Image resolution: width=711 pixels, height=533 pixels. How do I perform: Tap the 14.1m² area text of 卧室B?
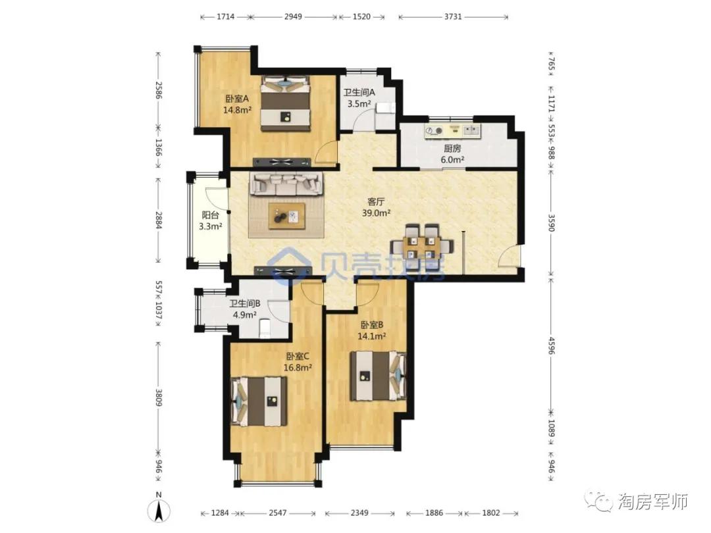pos(372,336)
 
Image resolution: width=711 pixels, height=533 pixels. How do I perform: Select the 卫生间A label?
pos(359,93)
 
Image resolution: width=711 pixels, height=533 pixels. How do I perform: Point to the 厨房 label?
pos(452,148)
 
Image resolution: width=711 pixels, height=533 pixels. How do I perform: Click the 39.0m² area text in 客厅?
pos(377,213)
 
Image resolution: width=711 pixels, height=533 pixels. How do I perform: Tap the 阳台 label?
pos(211,216)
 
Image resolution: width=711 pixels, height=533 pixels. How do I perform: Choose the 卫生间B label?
pos(245,303)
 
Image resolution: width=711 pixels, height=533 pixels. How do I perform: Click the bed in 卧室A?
pos(286,104)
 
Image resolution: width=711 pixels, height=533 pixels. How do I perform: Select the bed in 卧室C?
pos(259,401)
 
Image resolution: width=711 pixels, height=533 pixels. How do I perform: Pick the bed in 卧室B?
pos(378,376)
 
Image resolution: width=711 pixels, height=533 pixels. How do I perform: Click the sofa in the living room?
pos(286,184)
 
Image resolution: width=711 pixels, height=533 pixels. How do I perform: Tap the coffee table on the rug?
pos(286,216)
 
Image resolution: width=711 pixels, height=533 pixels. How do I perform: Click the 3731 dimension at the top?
pos(453,16)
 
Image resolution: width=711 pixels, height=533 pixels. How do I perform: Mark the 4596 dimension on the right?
pos(552,345)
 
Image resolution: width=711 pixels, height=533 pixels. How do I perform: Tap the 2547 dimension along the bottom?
pos(278,513)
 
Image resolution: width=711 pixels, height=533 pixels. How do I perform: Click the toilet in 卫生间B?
pos(265,328)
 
